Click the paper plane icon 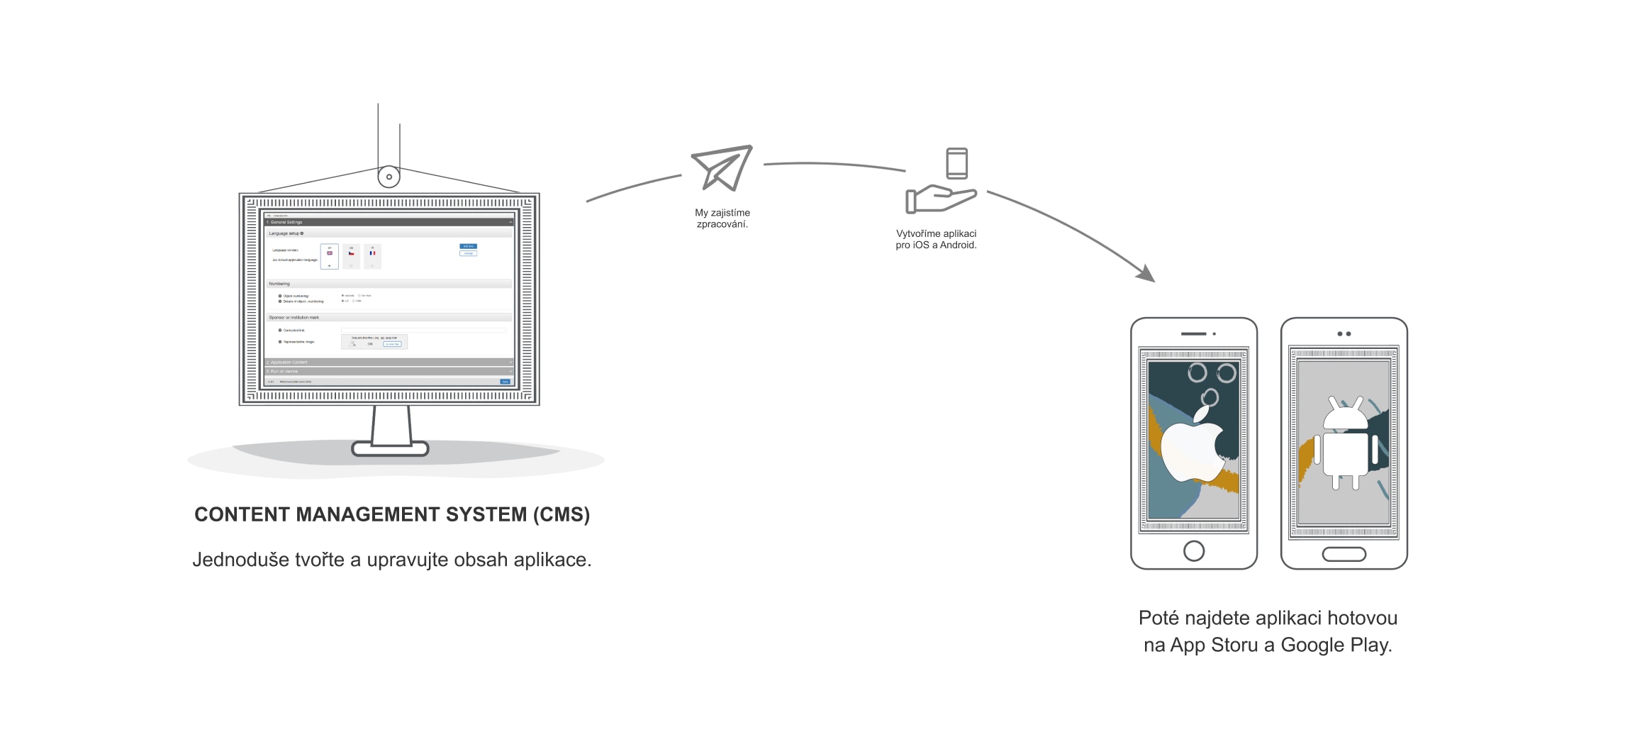click(722, 167)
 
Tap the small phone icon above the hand click(956, 163)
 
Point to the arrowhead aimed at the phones click(1146, 273)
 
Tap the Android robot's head click(1345, 414)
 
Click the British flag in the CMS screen click(330, 253)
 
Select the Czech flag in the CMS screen click(351, 253)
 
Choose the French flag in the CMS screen click(372, 253)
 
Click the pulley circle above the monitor click(389, 177)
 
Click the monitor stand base click(390, 448)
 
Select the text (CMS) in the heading click(562, 515)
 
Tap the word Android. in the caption click(958, 245)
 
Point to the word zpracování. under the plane click(722, 225)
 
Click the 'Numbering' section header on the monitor click(279, 284)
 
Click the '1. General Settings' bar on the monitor click(286, 222)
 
